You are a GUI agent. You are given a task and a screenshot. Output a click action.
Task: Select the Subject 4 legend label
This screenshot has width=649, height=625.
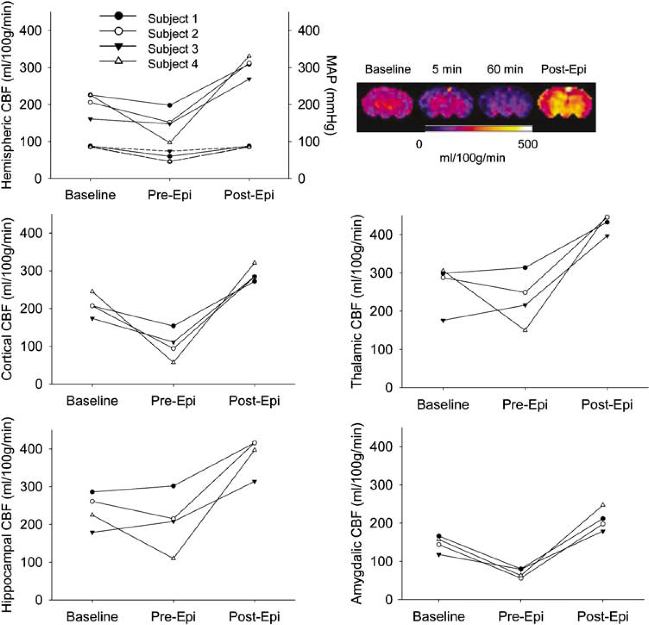[x=173, y=63]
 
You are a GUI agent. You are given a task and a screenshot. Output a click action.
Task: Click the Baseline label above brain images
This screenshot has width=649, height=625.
[x=387, y=69]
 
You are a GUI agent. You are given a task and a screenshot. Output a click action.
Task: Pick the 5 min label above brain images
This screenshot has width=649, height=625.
[x=447, y=69]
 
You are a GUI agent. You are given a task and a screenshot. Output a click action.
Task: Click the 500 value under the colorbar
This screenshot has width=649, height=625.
[x=527, y=144]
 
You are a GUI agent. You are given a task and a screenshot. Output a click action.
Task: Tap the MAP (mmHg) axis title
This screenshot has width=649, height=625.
[x=332, y=95]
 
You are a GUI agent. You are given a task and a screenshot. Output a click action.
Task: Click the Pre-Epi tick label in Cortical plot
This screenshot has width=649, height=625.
[x=173, y=401]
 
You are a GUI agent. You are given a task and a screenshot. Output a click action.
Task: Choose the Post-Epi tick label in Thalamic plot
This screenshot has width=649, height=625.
[x=607, y=404]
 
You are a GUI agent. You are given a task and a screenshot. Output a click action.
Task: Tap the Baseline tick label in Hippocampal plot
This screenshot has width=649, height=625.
[x=92, y=616]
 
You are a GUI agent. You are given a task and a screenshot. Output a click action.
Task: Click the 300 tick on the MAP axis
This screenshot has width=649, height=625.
[x=309, y=67]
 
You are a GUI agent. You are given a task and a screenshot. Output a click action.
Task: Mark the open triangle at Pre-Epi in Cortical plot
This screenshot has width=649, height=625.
[x=173, y=362]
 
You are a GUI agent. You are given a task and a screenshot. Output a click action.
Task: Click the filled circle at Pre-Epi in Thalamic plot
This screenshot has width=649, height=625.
[x=525, y=267]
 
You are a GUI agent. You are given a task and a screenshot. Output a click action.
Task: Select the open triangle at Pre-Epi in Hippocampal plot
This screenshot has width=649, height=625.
[x=173, y=558]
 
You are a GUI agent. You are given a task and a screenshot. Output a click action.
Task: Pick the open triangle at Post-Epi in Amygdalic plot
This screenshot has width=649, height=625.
[x=603, y=505]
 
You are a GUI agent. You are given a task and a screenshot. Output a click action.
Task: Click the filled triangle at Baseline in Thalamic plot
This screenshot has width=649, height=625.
[x=443, y=321]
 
